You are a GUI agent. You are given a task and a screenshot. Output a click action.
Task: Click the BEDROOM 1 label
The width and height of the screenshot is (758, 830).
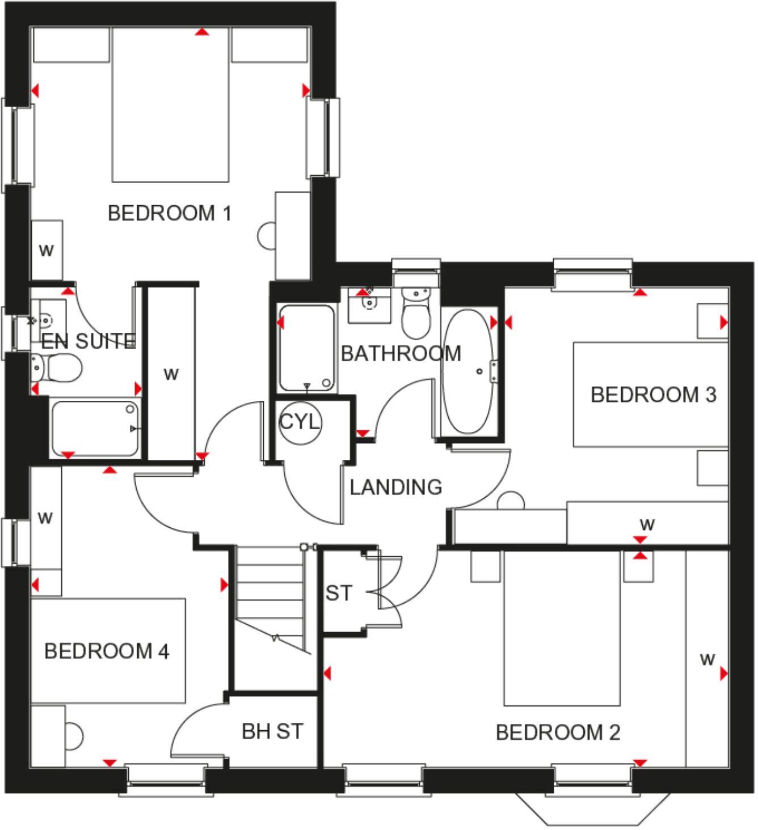170,214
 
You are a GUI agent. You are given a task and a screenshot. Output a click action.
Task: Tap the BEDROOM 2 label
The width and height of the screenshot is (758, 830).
558,732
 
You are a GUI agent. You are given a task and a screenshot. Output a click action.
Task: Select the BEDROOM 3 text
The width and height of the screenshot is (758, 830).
653,395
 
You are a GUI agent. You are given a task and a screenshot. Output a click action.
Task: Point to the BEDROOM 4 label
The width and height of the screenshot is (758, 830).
107,651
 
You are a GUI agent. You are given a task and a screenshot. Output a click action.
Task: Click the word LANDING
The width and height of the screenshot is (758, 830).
395,487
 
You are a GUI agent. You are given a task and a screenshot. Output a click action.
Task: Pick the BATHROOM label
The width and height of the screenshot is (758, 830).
401,354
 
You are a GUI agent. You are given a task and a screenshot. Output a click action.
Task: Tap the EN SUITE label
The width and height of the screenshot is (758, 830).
88,341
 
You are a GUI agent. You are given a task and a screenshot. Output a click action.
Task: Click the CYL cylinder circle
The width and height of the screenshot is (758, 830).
300,422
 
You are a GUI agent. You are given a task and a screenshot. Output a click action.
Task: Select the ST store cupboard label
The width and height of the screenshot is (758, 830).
339,593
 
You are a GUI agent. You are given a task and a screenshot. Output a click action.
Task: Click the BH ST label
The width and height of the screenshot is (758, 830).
272,731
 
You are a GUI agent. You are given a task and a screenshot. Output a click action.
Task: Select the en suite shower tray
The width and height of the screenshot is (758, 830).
95,429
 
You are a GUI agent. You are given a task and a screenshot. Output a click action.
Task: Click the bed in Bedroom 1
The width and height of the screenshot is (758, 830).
171,105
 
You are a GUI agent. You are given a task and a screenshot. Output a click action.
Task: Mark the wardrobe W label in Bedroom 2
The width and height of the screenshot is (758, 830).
707,659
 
